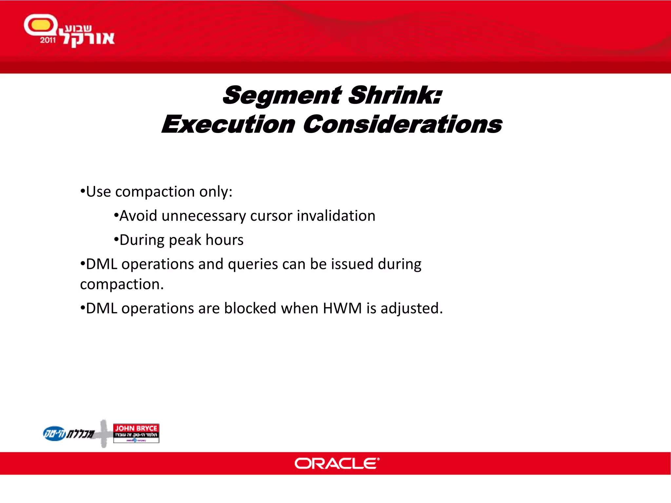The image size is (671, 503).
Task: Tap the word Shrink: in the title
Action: (395, 96)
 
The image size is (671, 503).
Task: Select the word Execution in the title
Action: (228, 125)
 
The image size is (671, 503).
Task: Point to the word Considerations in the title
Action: (402, 125)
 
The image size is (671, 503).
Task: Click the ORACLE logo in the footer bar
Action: (337, 463)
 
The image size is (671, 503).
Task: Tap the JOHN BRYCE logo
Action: (136, 433)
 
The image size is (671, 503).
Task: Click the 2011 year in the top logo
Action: (48, 40)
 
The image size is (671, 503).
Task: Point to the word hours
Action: (224, 240)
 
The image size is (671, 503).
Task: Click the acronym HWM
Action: (342, 308)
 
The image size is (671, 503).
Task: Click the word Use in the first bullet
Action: (98, 192)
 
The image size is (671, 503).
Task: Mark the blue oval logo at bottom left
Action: (54, 434)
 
